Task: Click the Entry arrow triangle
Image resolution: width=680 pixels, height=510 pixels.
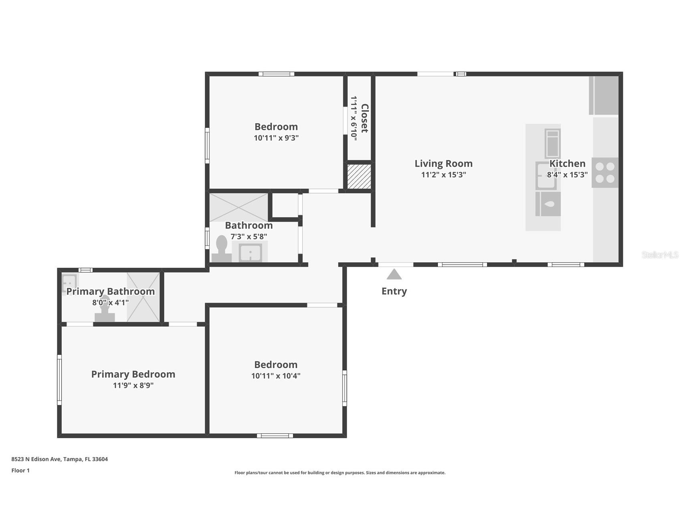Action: [x=394, y=274]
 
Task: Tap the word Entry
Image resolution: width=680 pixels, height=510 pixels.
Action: [x=394, y=291]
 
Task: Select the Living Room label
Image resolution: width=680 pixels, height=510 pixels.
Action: [x=444, y=164]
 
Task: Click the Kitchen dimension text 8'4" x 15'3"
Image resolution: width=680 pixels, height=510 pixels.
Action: [x=567, y=175]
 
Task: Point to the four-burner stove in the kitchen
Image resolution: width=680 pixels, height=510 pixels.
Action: [x=605, y=173]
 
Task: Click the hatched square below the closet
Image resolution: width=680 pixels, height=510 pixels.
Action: [x=359, y=176]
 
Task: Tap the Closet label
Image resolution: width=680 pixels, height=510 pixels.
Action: [x=365, y=118]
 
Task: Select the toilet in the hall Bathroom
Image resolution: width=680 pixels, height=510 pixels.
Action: [x=222, y=249]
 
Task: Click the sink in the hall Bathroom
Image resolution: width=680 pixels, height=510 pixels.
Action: [x=250, y=253]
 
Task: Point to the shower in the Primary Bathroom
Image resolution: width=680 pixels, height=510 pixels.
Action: [x=143, y=297]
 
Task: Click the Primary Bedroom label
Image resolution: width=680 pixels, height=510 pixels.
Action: [x=133, y=374]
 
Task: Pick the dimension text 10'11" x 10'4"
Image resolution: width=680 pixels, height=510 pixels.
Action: [x=276, y=376]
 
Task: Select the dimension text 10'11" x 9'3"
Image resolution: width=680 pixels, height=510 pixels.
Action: [x=276, y=138]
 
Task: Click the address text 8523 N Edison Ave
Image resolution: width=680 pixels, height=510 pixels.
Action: [x=36, y=459]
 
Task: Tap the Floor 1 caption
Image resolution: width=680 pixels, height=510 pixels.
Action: [x=20, y=470]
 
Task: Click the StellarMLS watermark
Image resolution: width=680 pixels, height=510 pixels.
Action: [x=660, y=255]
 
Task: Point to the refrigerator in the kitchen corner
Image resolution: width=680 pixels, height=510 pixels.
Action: [x=603, y=95]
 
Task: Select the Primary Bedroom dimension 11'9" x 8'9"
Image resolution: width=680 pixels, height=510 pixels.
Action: [x=133, y=385]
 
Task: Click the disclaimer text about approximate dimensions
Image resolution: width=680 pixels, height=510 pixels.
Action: [x=340, y=473]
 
